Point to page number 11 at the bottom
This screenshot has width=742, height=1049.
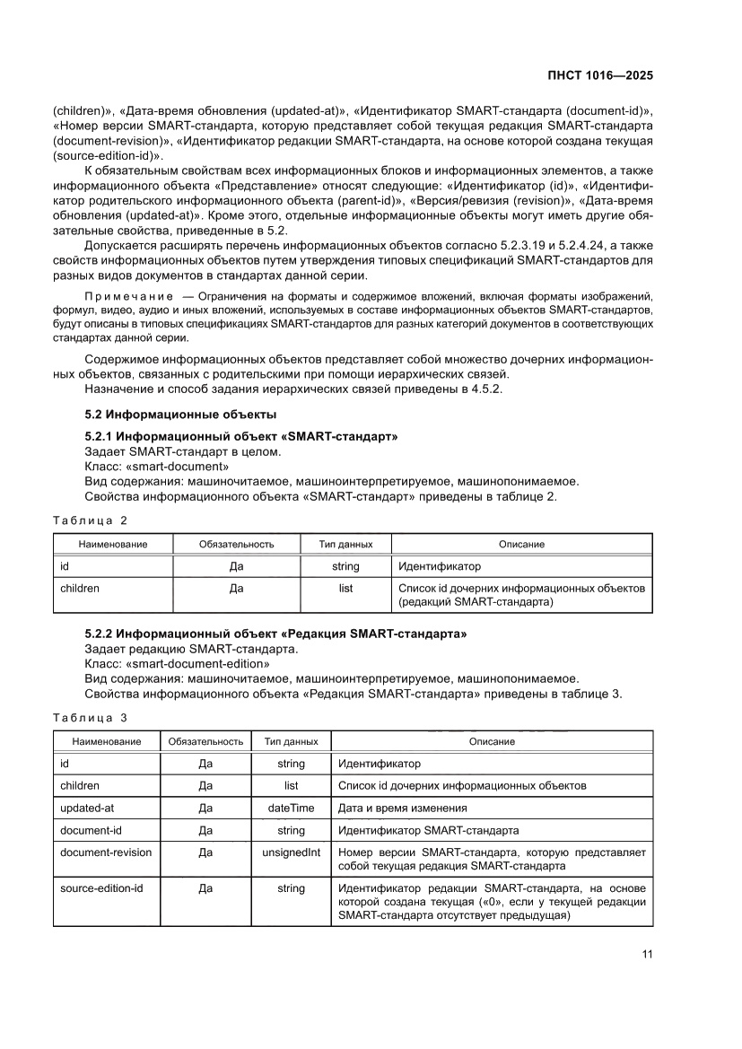click(647, 954)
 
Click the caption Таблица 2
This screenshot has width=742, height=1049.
click(90, 520)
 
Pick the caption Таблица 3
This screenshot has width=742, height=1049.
click(90, 717)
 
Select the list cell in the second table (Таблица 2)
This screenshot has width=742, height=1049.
click(345, 589)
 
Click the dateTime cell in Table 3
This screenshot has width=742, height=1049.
click(292, 808)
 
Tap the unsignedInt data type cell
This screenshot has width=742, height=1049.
click(292, 852)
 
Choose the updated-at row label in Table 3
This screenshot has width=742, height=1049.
click(86, 808)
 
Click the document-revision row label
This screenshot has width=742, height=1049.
click(105, 852)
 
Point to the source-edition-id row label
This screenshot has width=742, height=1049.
click(100, 888)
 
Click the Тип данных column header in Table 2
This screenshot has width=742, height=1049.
click(345, 544)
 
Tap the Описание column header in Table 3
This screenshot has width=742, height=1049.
click(492, 741)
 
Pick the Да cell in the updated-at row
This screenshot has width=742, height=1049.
click(205, 808)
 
